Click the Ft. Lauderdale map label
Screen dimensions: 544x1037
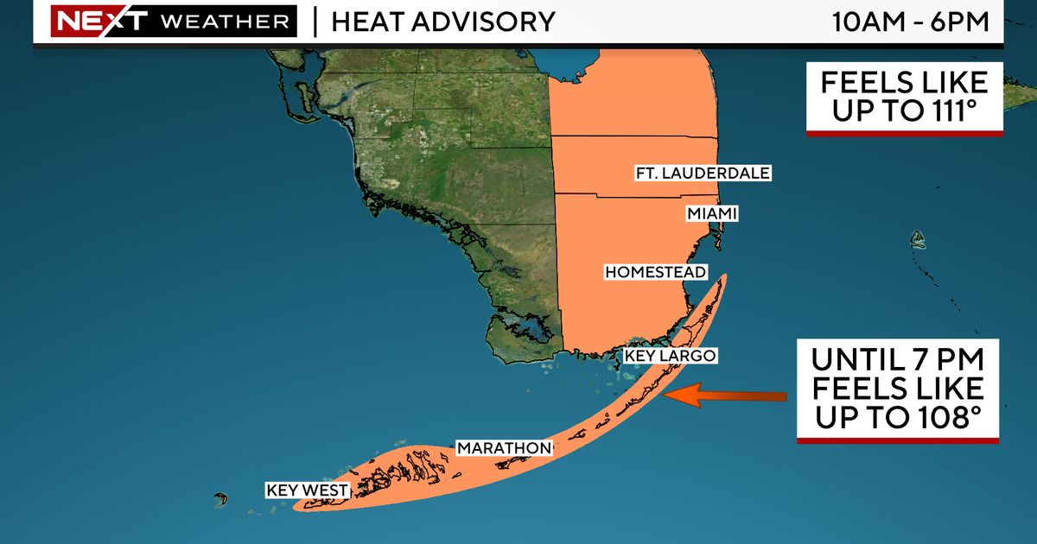tap(703, 174)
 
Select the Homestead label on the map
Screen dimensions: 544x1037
tap(655, 272)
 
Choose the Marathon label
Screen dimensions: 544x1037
tap(503, 447)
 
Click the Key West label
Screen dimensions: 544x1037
tap(307, 490)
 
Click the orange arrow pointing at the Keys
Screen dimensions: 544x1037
tap(726, 396)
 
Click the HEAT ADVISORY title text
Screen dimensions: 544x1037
tap(443, 21)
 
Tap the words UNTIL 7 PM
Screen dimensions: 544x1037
tap(899, 357)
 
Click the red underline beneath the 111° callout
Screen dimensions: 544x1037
tap(904, 134)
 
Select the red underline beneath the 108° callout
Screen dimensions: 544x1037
tap(897, 441)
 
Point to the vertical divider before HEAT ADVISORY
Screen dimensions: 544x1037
tap(314, 21)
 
